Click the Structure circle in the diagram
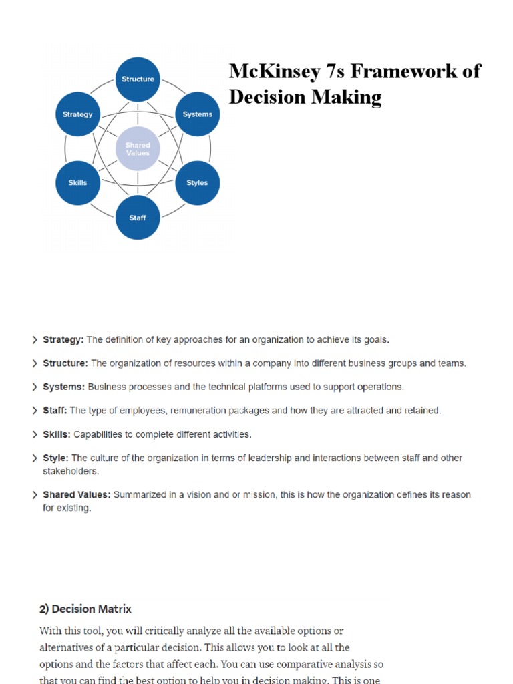138,79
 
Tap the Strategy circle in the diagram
77,114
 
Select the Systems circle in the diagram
198,114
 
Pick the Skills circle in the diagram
77,182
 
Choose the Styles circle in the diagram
198,182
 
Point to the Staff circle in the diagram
138,218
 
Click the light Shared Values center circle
138,148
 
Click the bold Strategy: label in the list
63,339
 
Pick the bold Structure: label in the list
65,363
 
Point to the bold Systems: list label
63,387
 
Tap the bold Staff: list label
55,411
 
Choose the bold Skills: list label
57,434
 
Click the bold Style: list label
56,458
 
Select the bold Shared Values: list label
77,495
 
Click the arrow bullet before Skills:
35,434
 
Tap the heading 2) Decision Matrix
85,609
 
